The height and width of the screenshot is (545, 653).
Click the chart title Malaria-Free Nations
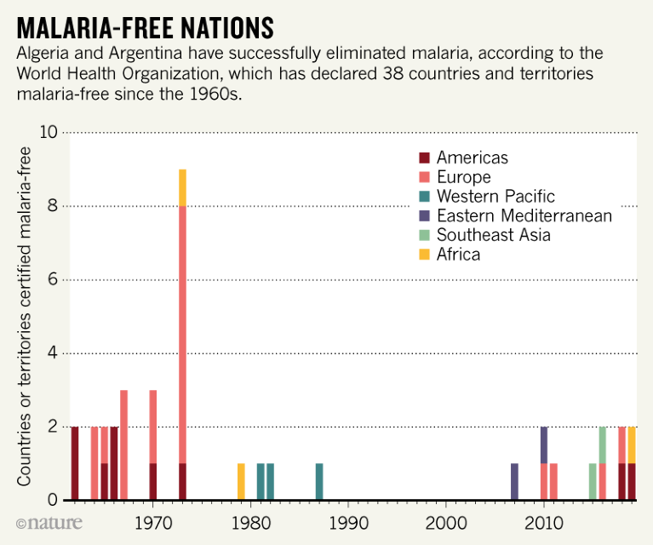click(x=145, y=27)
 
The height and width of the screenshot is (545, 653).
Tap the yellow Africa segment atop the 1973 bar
click(x=182, y=187)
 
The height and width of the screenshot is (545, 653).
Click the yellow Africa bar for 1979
click(x=241, y=481)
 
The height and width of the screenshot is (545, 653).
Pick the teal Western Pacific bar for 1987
click(x=319, y=481)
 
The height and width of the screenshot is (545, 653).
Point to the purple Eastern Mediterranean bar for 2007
click(x=514, y=481)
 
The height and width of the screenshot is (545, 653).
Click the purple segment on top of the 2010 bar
click(x=544, y=445)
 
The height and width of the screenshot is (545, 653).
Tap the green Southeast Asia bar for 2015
click(x=593, y=481)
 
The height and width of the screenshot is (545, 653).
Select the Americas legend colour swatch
click(x=425, y=158)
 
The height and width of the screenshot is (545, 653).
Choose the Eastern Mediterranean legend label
click(x=524, y=215)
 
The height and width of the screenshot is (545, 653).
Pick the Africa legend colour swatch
click(x=425, y=255)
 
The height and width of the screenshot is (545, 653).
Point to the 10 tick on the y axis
click(x=48, y=133)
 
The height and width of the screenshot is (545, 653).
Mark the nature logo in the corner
click(x=42, y=520)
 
